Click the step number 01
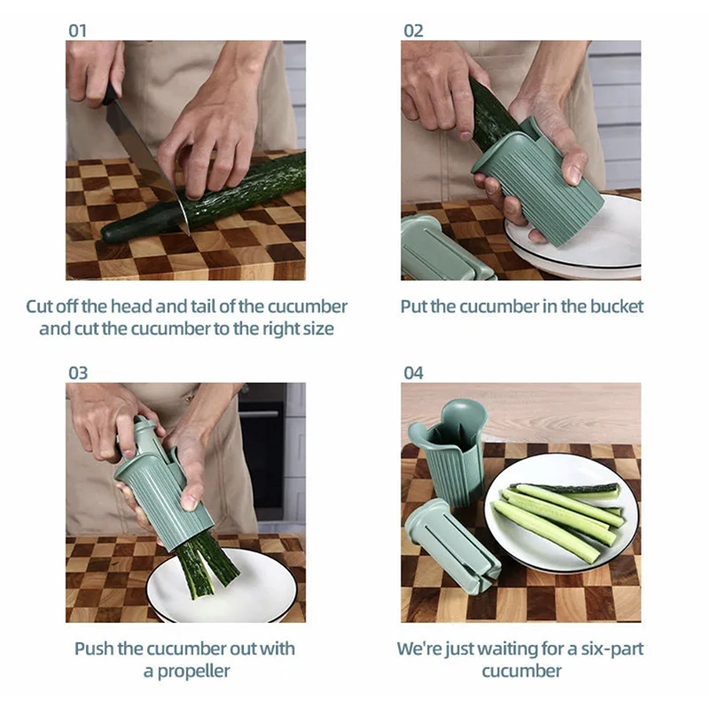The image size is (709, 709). coord(78,30)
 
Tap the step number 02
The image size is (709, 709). coord(413,30)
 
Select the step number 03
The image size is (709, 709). coord(78,373)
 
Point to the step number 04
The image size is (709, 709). coord(414,373)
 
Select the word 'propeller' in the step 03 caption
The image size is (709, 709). coord(187,671)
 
